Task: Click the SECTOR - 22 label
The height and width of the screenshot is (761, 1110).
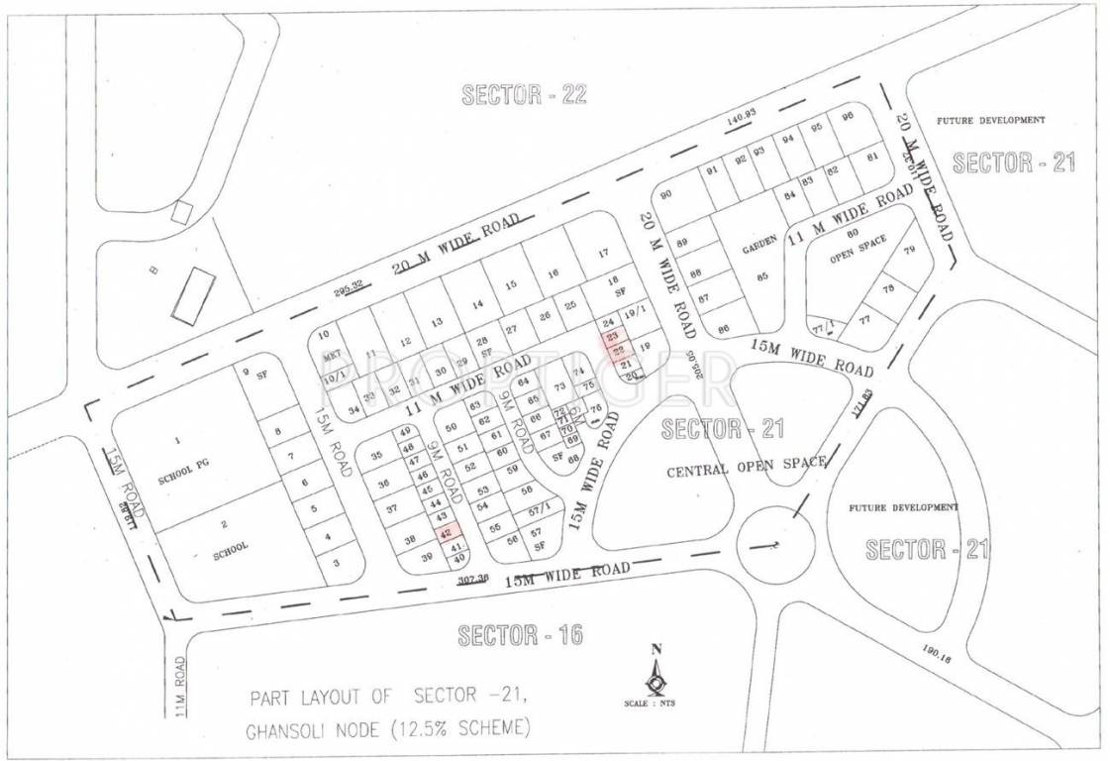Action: [x=525, y=95]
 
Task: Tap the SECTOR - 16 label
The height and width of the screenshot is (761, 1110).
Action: [x=520, y=636]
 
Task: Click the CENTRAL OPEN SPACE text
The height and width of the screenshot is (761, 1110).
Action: [x=746, y=468]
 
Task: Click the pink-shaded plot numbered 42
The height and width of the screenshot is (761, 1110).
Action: [x=444, y=532]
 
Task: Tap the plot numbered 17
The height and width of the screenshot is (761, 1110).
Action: [x=603, y=254]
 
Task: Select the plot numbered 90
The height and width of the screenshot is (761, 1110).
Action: [x=665, y=195]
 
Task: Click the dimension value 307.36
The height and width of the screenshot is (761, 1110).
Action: [x=473, y=582]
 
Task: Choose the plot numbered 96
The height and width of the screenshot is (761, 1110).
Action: [x=847, y=117]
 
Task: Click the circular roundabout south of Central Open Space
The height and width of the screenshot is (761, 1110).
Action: [x=775, y=541]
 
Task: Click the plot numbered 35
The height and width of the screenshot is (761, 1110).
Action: [x=375, y=456]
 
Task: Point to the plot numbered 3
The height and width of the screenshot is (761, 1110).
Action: [x=336, y=563]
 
